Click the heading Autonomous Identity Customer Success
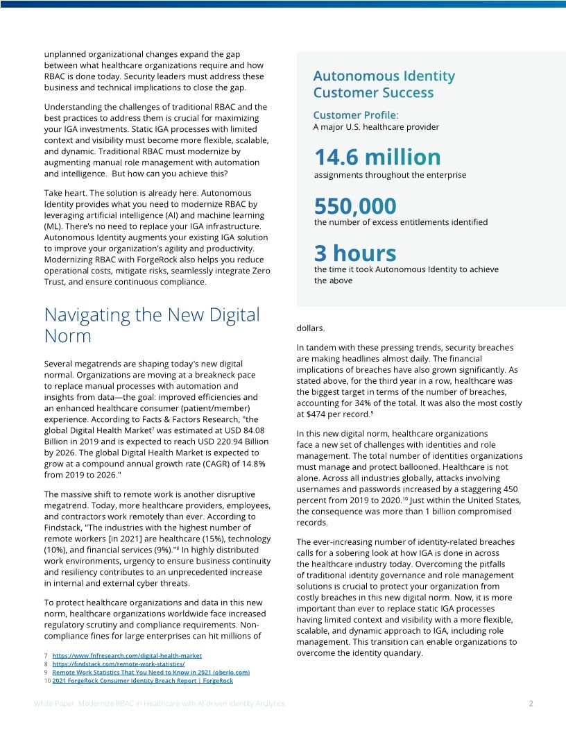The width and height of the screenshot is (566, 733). (384, 84)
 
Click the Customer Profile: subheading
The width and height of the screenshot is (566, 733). (356, 115)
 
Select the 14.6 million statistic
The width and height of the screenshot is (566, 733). (377, 157)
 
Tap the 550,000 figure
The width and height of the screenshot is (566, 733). (355, 206)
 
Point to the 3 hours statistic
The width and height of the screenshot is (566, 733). (355, 253)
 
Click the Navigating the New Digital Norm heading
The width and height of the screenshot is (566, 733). (151, 325)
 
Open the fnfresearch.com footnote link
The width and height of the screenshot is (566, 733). (127, 655)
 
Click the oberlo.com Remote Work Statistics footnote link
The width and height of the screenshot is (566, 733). (151, 672)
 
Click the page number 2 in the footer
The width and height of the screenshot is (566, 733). (531, 703)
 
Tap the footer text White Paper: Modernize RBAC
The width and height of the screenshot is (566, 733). (159, 703)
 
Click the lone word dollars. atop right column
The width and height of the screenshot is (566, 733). (310, 328)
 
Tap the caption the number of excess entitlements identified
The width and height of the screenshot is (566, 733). (400, 222)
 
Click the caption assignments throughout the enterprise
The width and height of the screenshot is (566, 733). (390, 175)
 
